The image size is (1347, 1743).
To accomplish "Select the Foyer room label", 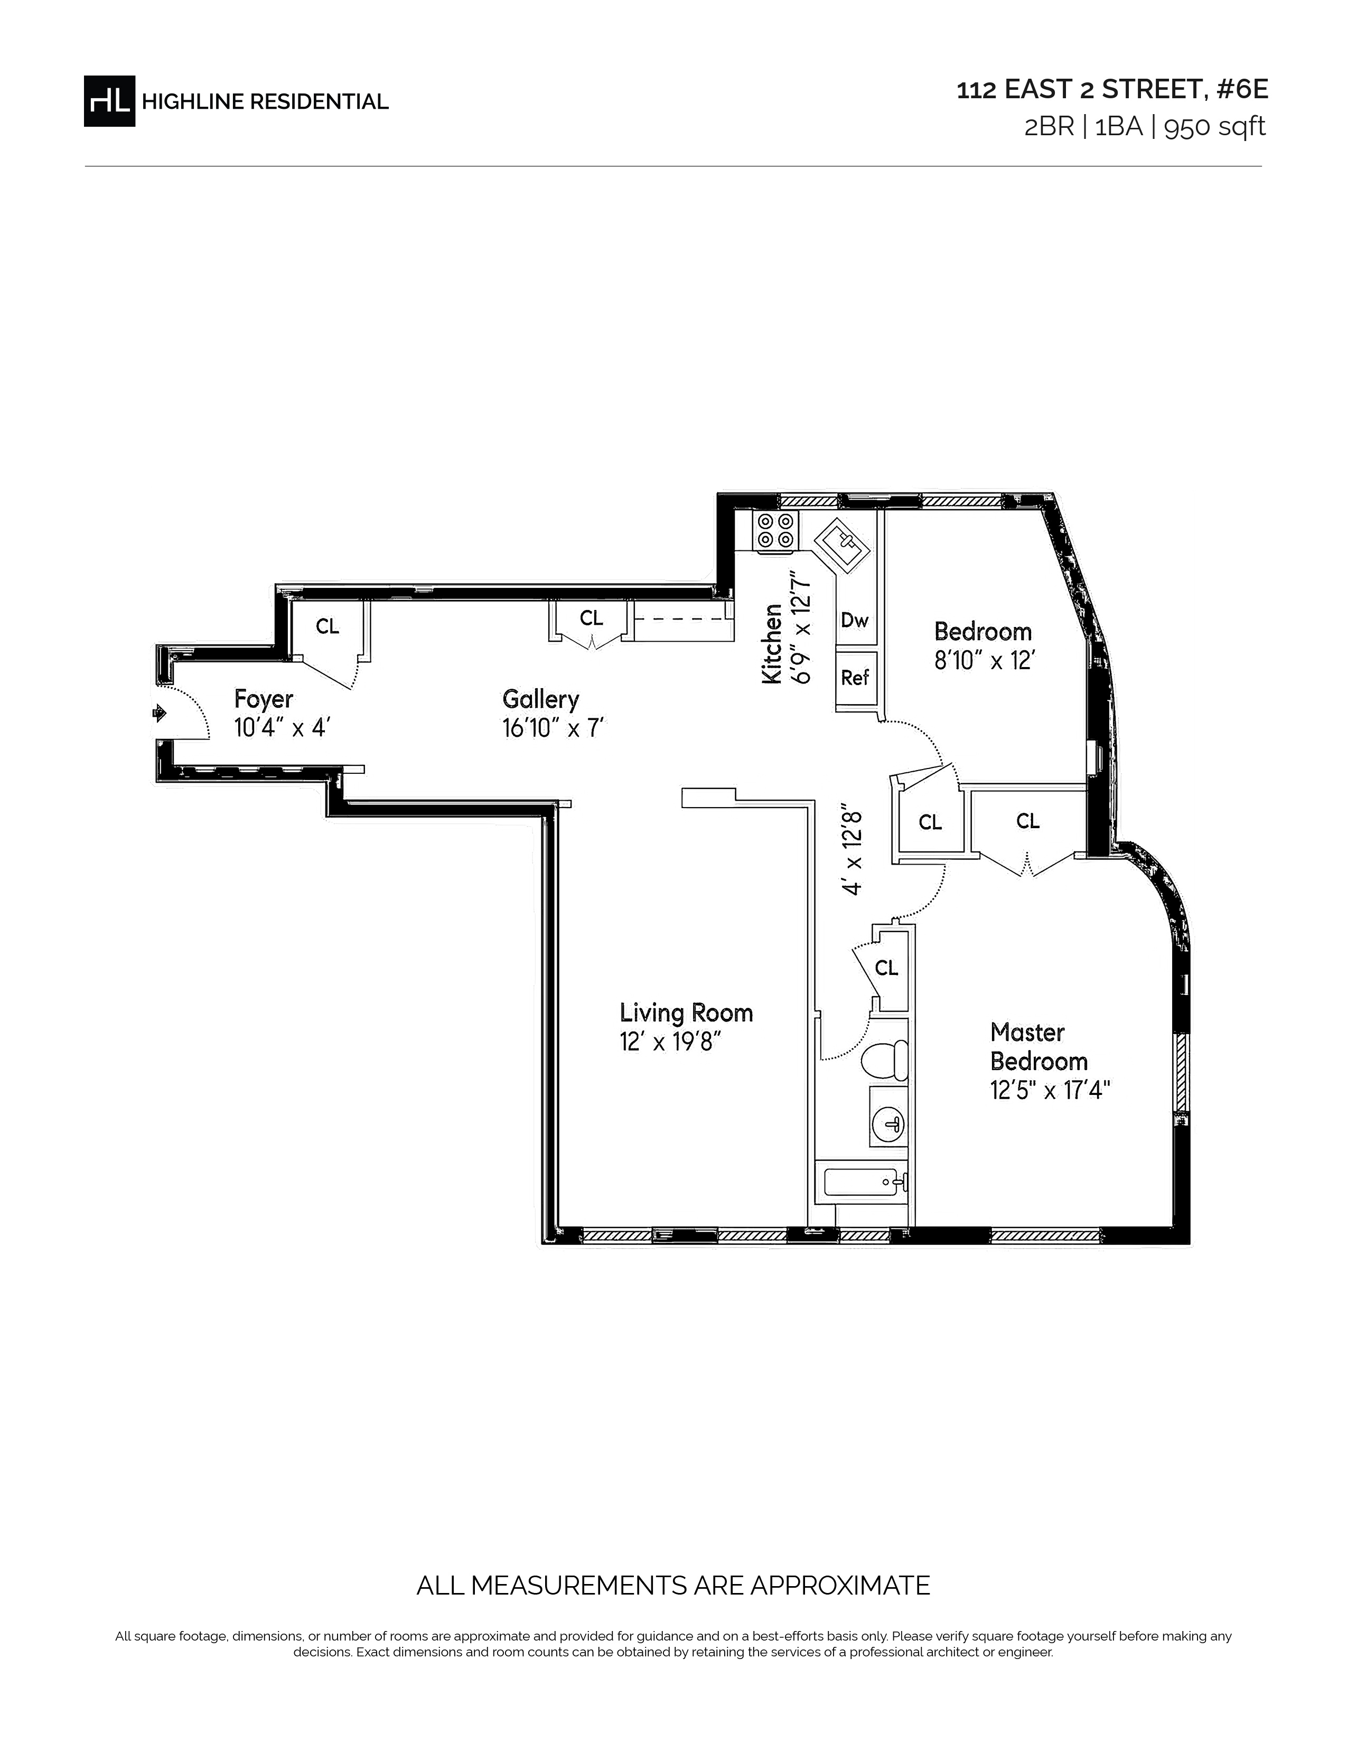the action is pyautogui.click(x=264, y=699).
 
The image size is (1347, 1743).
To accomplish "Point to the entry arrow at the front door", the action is pyautogui.click(x=160, y=712).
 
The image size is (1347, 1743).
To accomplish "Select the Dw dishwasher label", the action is pyautogui.click(x=855, y=620).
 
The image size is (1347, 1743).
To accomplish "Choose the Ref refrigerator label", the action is pyautogui.click(x=855, y=678).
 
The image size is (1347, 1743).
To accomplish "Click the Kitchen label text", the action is pyautogui.click(x=772, y=643).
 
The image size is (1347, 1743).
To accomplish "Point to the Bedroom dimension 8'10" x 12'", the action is pyautogui.click(x=985, y=661).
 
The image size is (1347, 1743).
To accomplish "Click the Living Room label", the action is pyautogui.click(x=686, y=1013).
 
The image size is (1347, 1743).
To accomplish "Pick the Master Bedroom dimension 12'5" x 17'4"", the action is pyautogui.click(x=1050, y=1089).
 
